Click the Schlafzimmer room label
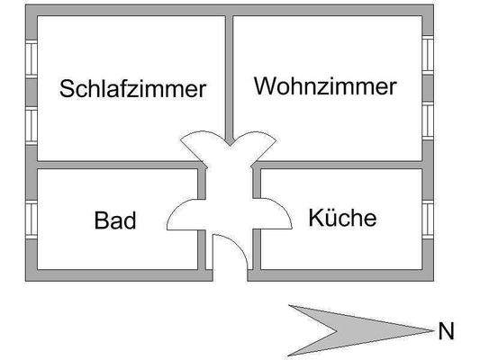pos(133,89)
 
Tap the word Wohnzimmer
pos(325,86)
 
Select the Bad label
pos(115,220)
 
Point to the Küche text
pos(342,218)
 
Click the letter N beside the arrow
pos(445,332)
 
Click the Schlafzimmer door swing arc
pos(200,144)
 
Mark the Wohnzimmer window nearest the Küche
pos(428,118)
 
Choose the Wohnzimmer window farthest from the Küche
pos(428,55)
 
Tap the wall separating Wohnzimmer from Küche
pos(342,166)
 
